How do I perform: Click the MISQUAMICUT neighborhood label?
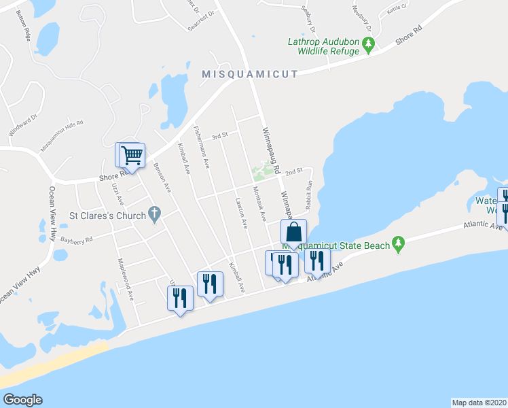[x=249, y=74]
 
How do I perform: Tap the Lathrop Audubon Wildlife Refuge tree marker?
[x=369, y=46]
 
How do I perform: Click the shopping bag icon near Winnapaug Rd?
[x=293, y=232]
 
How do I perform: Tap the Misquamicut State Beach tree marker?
[x=399, y=245]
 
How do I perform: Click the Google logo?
[x=22, y=400]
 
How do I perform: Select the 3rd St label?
[x=218, y=136]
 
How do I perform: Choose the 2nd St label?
[x=293, y=173]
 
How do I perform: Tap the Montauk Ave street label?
[x=259, y=203]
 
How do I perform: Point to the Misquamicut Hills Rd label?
[x=62, y=136]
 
